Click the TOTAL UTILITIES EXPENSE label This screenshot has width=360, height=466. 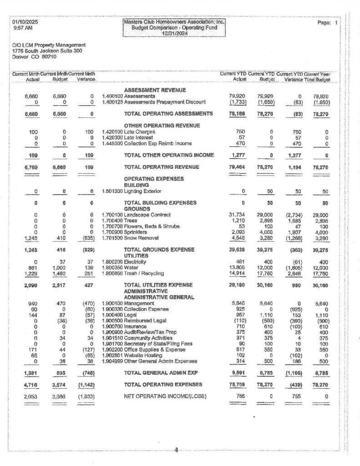click(158, 285)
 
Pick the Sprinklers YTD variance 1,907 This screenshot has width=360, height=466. click(294, 232)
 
